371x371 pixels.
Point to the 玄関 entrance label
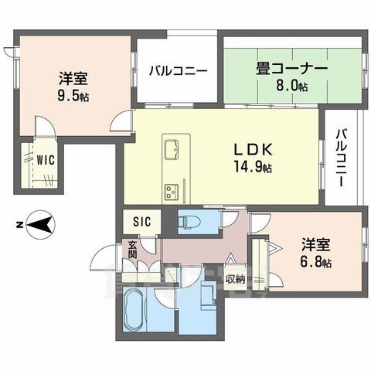pos(132,249)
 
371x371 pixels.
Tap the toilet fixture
pos(189,223)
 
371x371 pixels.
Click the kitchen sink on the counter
pos(171,147)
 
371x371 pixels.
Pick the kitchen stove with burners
pos(170,190)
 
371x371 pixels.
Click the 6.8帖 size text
pos(316,263)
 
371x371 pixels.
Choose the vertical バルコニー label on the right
pos(341,158)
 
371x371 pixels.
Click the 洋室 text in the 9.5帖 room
pos(73,78)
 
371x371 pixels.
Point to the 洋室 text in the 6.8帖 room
pos(315,246)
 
